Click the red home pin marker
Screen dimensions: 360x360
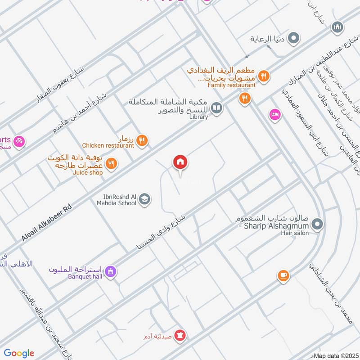coord(180,162)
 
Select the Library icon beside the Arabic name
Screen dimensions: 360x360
coord(217,108)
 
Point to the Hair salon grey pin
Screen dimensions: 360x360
coord(318,224)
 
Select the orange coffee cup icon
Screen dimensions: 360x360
coord(283,275)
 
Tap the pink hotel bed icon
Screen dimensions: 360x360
coord(274,115)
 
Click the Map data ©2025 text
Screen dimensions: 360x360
coord(335,356)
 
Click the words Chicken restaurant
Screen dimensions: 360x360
coord(108,145)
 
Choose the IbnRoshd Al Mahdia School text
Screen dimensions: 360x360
coord(119,199)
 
